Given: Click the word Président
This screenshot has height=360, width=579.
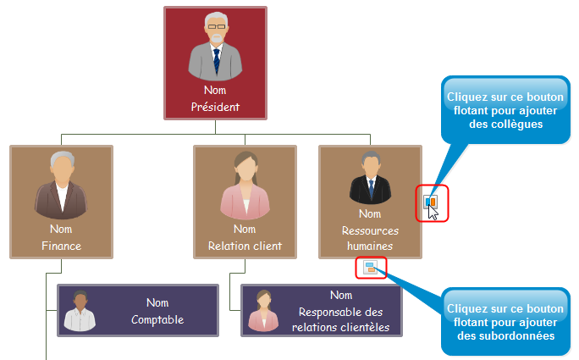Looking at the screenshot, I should click(x=215, y=108).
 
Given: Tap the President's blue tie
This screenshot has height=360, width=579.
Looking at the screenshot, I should click(x=216, y=60).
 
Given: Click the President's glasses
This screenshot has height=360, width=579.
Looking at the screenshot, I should click(x=216, y=27).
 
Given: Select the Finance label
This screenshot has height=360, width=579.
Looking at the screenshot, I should click(x=61, y=246).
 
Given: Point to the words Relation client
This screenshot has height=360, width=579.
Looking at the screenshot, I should click(x=245, y=246).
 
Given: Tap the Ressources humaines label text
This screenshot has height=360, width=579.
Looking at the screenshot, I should click(x=370, y=238).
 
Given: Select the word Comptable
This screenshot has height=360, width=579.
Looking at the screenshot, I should click(x=157, y=320).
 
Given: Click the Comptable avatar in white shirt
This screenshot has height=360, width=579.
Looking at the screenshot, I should click(x=80, y=312).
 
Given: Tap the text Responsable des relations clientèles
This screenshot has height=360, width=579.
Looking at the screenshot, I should click(x=341, y=319).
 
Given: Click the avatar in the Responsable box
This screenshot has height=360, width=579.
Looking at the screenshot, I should click(x=263, y=312).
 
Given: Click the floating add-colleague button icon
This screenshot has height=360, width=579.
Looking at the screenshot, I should click(x=431, y=202).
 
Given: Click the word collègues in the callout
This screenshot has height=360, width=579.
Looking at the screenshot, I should click(x=505, y=124).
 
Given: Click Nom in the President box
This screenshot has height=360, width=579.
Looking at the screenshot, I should click(x=215, y=90).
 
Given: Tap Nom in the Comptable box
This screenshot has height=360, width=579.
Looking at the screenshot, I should click(x=157, y=302).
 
